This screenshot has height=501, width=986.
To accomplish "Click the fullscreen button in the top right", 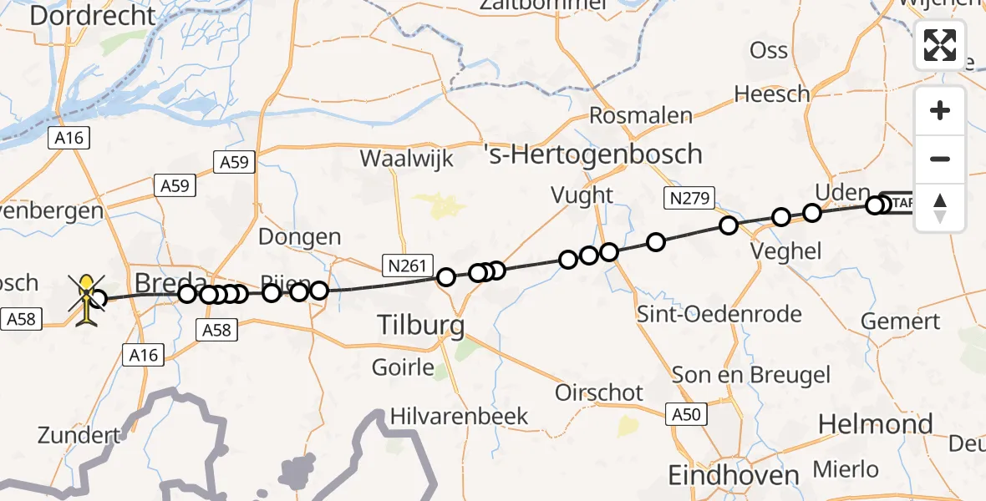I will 940,45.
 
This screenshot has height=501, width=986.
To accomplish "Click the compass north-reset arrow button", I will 940,208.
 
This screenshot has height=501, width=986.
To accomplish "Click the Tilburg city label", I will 420,325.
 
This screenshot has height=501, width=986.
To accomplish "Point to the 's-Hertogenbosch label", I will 593,154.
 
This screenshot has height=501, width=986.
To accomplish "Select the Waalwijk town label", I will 406,159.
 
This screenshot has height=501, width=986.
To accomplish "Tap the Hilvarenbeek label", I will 460,415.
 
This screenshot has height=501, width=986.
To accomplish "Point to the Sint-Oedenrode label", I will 719,315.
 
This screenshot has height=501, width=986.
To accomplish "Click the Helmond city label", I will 875,424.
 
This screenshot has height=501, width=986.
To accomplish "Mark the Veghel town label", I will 786,250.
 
